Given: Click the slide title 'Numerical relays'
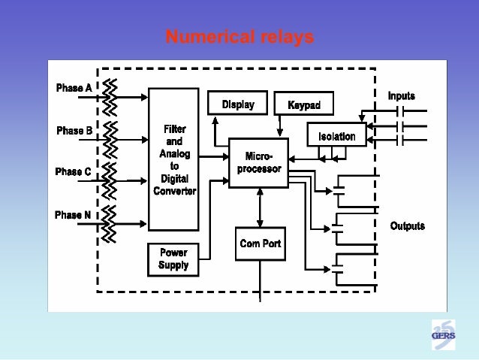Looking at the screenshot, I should pos(239,37).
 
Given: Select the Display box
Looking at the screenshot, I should pos(237,104).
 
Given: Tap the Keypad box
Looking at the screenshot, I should pos(304,104).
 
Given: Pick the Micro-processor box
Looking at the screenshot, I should pos(259,162).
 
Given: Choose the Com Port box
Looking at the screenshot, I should pos(260,243).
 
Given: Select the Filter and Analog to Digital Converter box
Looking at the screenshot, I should pos(174,159).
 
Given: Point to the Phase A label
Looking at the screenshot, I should pos(74,88).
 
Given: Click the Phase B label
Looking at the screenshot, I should pos(74,131).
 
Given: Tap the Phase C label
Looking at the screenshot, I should pos(74,172).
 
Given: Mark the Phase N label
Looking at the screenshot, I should pos(74,215).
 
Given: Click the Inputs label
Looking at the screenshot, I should pos(402,96).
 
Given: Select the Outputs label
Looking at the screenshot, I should pos(407,225).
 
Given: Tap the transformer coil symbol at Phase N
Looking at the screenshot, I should pos(110,222).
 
